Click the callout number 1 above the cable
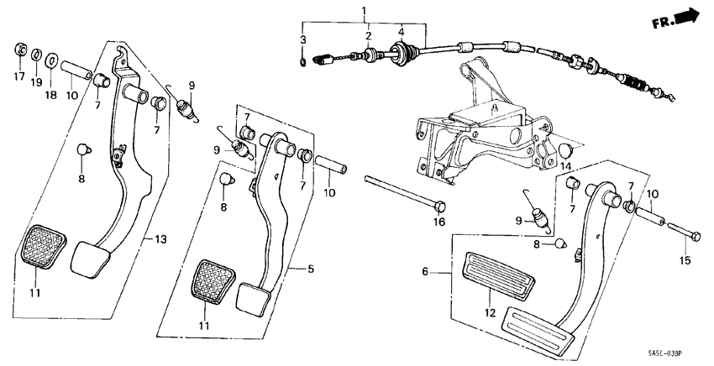(x=364, y=11)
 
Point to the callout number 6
(x=425, y=272)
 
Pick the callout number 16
(x=437, y=222)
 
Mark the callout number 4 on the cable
(x=402, y=33)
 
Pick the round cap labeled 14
(x=566, y=150)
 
